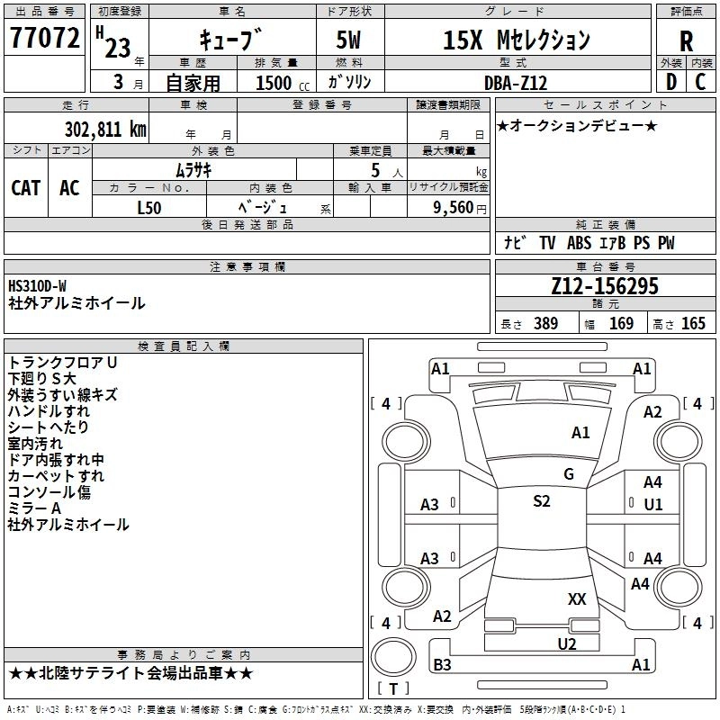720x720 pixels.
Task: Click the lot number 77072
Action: pyautogui.click(x=44, y=38)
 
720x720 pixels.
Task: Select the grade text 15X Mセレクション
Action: pyautogui.click(x=517, y=40)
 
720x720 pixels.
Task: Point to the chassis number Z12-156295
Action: pyautogui.click(x=605, y=287)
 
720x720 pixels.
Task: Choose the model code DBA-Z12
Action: pyautogui.click(x=516, y=83)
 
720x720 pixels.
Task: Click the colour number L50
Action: pyautogui.click(x=149, y=206)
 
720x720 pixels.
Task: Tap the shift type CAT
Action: pyautogui.click(x=26, y=187)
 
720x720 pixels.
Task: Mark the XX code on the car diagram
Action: pyautogui.click(x=577, y=598)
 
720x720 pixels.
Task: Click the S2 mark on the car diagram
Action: pyautogui.click(x=541, y=501)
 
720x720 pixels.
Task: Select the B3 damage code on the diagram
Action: pyautogui.click(x=442, y=665)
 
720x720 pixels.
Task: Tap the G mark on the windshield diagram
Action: pyautogui.click(x=569, y=474)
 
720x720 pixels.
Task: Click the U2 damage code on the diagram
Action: pyautogui.click(x=566, y=643)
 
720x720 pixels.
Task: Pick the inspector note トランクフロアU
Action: pyautogui.click(x=63, y=362)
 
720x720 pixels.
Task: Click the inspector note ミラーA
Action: pyautogui.click(x=35, y=508)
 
